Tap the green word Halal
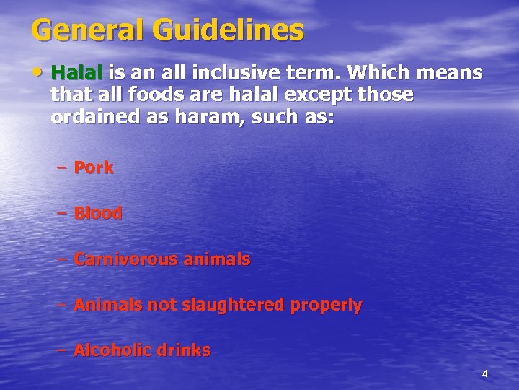(79, 74)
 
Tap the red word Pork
(94, 168)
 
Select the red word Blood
(98, 214)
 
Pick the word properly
(326, 305)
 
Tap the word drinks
(183, 351)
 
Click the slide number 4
(484, 373)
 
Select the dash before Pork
(61, 168)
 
